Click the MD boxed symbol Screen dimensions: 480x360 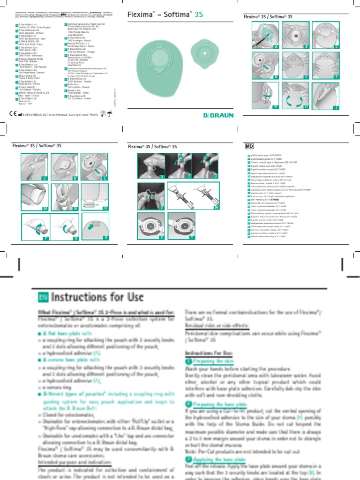[250, 146]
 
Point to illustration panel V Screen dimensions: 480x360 [150, 195]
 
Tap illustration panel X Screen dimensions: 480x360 [150, 225]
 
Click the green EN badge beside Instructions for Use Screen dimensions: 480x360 [42, 297]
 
